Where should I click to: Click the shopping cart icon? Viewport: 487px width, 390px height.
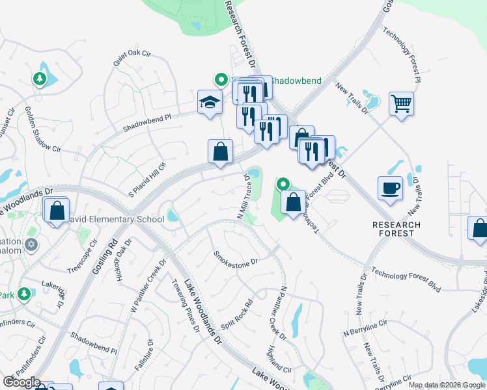[401, 103]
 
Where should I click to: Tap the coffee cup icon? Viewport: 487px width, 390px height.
[390, 188]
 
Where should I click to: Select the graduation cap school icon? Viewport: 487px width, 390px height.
[209, 102]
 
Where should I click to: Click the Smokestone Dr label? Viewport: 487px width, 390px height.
[236, 258]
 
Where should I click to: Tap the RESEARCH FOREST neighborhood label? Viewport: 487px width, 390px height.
[397, 229]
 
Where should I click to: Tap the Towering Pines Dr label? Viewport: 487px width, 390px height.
[184, 305]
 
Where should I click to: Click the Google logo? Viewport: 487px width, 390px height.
[21, 382]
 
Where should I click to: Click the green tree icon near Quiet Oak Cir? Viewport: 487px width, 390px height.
[40, 79]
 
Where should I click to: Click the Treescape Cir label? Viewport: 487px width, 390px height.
[82, 256]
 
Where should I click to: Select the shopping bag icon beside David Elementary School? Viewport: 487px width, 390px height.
[57, 209]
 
